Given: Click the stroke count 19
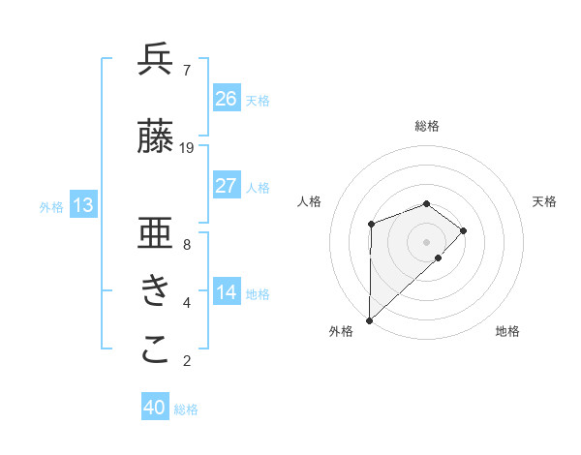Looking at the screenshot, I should [187, 148].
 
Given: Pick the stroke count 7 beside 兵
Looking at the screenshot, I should [186, 71].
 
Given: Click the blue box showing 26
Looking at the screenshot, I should [226, 99].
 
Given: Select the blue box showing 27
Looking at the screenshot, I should [226, 186].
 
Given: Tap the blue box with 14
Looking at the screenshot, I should [226, 292].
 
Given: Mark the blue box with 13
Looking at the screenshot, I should [82, 205].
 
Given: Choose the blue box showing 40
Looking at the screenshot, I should [155, 409].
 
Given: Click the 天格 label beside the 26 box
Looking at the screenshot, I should [258, 100].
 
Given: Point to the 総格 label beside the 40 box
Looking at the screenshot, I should [186, 409].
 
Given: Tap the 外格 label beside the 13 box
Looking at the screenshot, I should [51, 206].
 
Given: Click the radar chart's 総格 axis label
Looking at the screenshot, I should [426, 126].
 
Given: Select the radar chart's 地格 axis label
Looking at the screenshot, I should [507, 332].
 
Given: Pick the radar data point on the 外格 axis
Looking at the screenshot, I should [369, 319].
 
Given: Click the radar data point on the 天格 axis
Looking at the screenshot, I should [464, 230].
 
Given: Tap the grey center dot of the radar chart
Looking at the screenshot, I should [426, 241].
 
